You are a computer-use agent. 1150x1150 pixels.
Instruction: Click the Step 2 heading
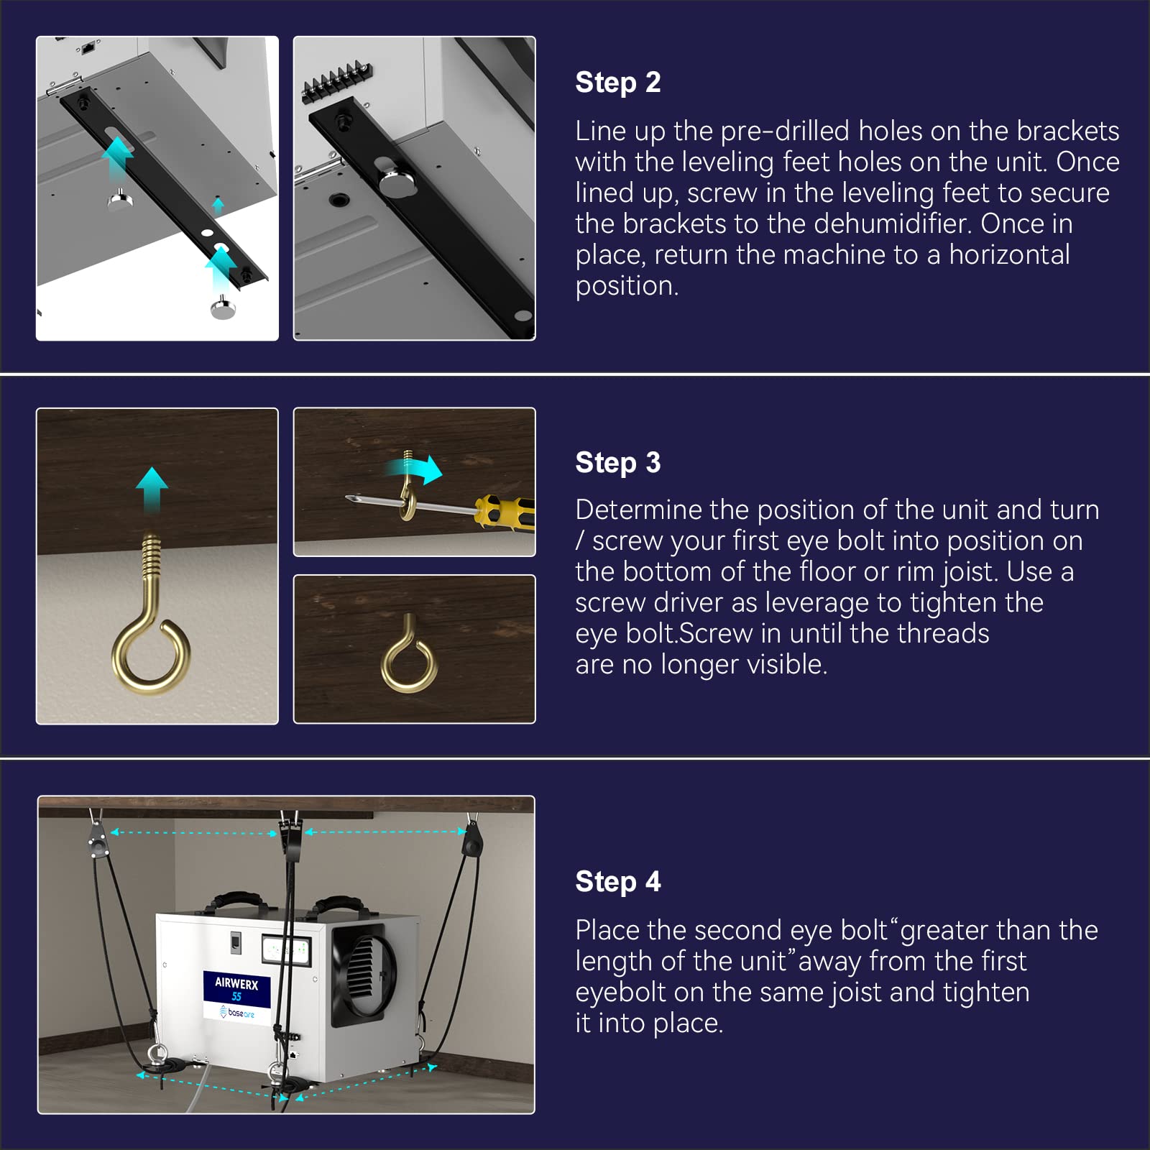[x=617, y=83]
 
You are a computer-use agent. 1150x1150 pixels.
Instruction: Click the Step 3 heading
[x=617, y=463]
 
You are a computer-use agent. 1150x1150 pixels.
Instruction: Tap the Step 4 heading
[x=617, y=882]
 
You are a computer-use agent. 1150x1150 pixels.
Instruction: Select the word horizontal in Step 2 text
[x=1009, y=254]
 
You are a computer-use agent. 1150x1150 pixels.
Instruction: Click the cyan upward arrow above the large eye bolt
[x=152, y=491]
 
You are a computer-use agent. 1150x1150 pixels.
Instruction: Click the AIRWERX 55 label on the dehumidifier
[x=236, y=989]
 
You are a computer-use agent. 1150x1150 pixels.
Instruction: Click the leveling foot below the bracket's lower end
[x=223, y=308]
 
